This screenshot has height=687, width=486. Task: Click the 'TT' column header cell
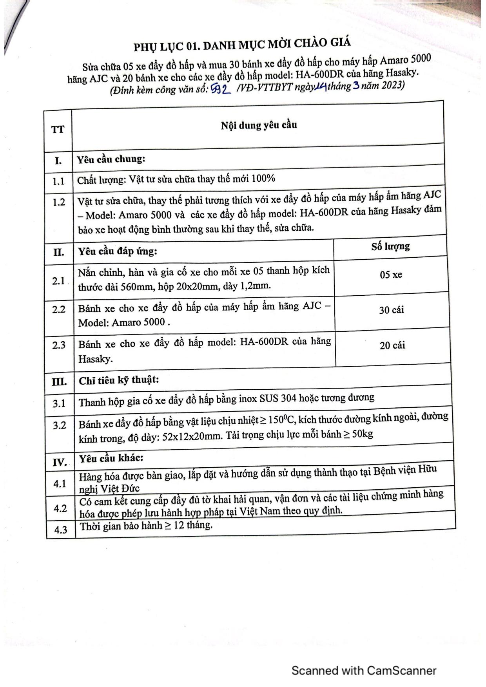point(58,130)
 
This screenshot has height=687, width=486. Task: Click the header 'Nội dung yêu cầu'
point(259,125)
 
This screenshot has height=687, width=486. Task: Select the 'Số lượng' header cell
point(390,246)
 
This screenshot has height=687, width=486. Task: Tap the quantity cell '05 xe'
point(391,275)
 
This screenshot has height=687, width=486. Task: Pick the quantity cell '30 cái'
point(391,310)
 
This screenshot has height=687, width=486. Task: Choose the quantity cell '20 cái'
point(392,345)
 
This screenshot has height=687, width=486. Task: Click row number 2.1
point(59,281)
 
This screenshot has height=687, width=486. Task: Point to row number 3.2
point(60,425)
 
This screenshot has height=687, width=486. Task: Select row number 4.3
point(61,530)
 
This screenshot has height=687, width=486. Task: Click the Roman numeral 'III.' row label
point(59,381)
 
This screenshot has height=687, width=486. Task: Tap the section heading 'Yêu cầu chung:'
point(111,159)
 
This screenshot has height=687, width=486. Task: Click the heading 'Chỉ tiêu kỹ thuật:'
point(119,380)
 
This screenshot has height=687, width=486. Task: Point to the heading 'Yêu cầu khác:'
point(111,458)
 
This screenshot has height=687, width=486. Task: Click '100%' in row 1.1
point(263,179)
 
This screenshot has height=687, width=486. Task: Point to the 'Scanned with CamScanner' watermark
point(364,671)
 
